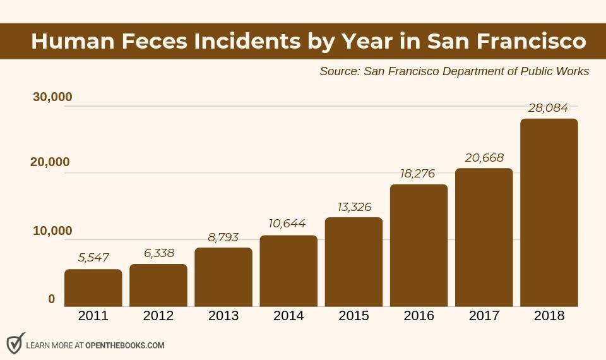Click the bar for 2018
pos(549,213)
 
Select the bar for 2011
pos(93,288)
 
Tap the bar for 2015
pos(353,262)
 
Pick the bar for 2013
pos(223,277)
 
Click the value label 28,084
pos(548,108)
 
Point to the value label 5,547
pos(93,258)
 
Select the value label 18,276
pos(418,173)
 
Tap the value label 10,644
pos(288,224)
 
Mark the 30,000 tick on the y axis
pos(52,97)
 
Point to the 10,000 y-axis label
pos(52,231)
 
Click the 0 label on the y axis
pos(52,299)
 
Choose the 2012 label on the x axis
pos(158,316)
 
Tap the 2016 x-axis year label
pos(419,316)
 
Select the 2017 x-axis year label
pos(484,316)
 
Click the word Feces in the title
pos(153,41)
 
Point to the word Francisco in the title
pos(531,41)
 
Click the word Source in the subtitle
pos(339,71)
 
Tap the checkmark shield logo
pos(15,344)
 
